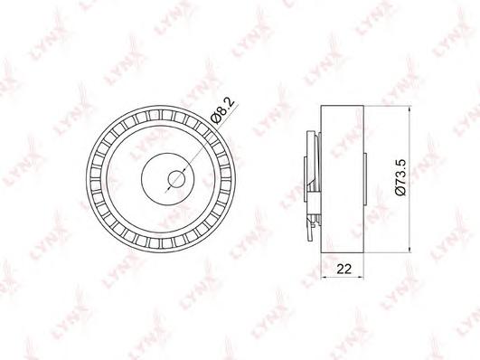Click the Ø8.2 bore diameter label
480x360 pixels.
(x=223, y=110)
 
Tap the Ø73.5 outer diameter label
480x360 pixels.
(x=400, y=177)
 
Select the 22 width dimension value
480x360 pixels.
(x=344, y=269)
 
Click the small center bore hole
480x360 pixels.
(x=176, y=179)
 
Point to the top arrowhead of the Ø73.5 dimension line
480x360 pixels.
(x=409, y=109)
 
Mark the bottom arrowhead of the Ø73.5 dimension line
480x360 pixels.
(x=409, y=250)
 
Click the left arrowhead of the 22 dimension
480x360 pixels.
(x=324, y=278)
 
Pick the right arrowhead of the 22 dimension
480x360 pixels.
(x=361, y=278)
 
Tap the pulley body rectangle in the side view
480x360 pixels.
(x=343, y=179)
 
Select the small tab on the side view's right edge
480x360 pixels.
(x=365, y=179)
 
